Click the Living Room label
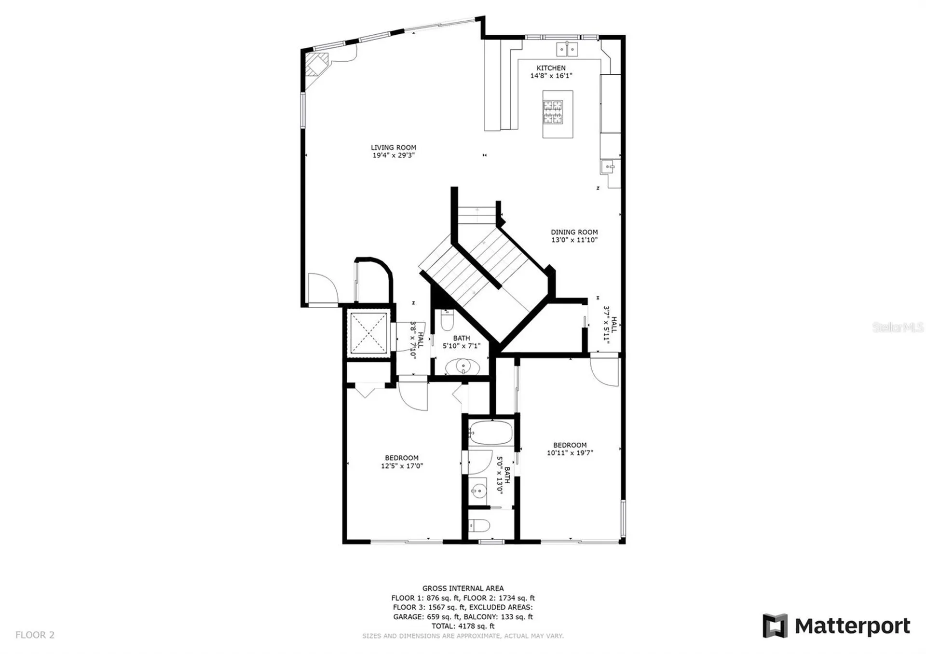(x=394, y=148)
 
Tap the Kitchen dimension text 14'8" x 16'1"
(x=551, y=76)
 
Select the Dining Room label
(x=574, y=232)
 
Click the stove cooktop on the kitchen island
(x=553, y=112)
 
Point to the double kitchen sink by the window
(x=567, y=49)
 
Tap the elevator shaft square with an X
(x=368, y=333)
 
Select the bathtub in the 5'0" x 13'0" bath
(x=490, y=433)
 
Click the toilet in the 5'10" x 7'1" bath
(x=448, y=320)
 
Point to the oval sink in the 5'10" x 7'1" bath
(x=463, y=367)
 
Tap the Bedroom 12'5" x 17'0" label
(x=402, y=462)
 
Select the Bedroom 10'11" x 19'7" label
(x=570, y=449)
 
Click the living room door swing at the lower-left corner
(x=323, y=288)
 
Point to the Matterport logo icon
(x=775, y=626)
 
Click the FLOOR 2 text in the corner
(x=35, y=635)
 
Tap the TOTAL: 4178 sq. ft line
(x=463, y=626)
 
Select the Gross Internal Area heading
(x=463, y=588)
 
